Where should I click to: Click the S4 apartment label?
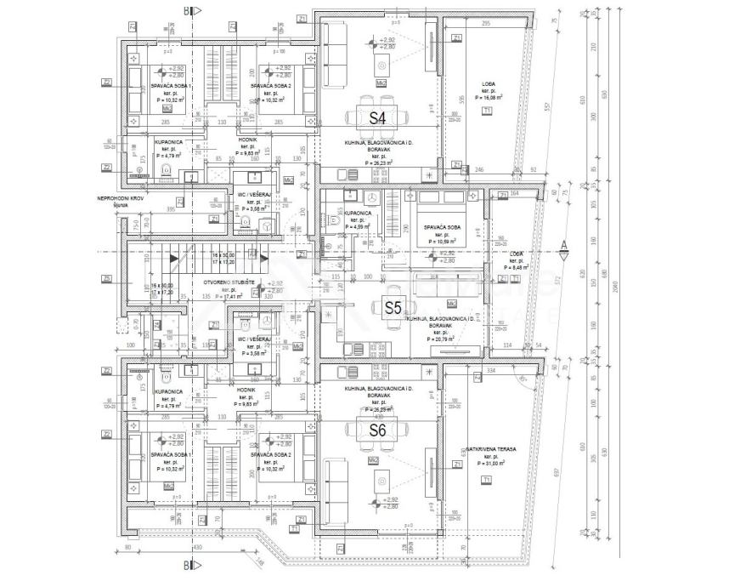(x=377, y=117)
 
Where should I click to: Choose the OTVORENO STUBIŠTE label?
(x=223, y=282)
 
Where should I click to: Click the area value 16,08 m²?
(x=489, y=99)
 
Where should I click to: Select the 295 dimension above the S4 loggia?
(x=485, y=24)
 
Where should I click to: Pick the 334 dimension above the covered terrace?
(x=491, y=370)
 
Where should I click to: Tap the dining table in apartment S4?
(x=378, y=117)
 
